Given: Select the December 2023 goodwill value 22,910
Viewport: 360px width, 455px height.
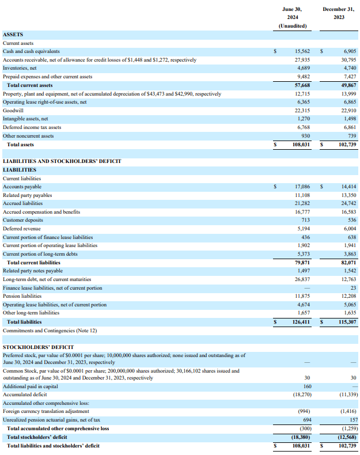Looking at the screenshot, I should tap(348, 111).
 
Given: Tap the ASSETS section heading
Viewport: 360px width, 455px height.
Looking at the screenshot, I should tap(13, 35).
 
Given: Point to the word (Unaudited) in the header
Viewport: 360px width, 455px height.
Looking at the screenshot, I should tap(293, 26).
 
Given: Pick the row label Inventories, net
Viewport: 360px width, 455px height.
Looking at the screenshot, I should tap(21, 68).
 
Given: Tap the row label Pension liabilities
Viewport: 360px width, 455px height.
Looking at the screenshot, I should tap(22, 297).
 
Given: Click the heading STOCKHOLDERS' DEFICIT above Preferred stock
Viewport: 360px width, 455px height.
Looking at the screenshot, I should tap(38, 347).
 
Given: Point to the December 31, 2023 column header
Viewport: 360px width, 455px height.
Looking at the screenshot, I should tap(338, 13).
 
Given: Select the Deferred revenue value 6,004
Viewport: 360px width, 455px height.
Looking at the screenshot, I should tap(348, 229).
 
